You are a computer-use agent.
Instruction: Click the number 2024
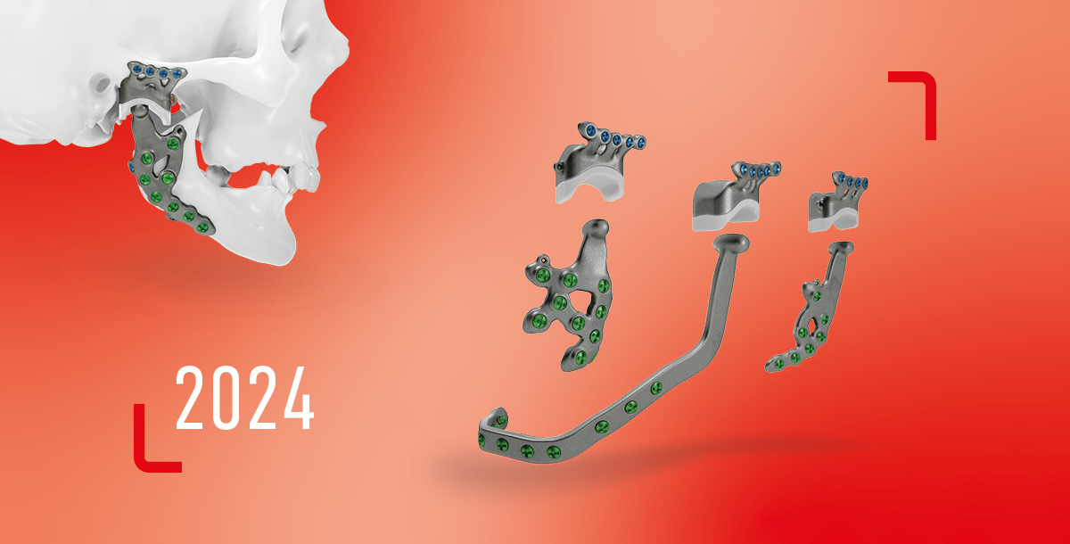[245, 398]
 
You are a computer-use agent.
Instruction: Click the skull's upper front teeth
[302, 176]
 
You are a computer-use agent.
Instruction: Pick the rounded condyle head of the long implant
[731, 242]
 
